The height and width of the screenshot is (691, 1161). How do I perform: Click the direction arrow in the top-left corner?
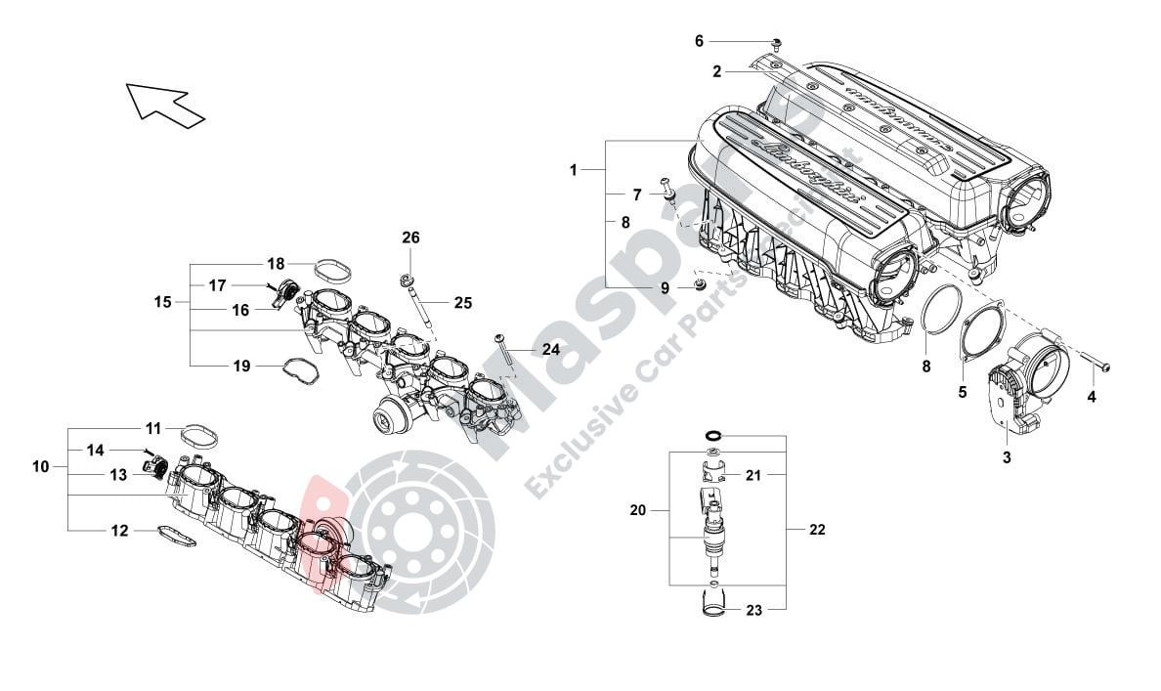(x=163, y=103)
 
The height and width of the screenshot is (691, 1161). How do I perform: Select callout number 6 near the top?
(x=699, y=41)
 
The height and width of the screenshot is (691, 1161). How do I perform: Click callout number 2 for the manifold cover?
(x=716, y=71)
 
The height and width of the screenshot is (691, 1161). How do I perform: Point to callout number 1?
(x=574, y=170)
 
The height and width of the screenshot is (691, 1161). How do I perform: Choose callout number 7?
(x=636, y=194)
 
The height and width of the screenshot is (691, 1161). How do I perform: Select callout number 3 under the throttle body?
(x=1007, y=456)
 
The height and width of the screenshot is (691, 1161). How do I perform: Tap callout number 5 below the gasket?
(x=962, y=392)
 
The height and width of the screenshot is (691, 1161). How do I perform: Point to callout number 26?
(x=410, y=238)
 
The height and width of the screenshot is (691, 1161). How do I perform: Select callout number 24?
(x=551, y=349)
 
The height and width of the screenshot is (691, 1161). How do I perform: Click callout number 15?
(x=162, y=302)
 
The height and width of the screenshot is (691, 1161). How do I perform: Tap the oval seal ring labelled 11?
(x=199, y=432)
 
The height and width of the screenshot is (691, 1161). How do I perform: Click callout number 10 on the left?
(x=40, y=467)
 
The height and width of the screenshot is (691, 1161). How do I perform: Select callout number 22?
(x=817, y=530)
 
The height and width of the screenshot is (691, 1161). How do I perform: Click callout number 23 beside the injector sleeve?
(x=753, y=610)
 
